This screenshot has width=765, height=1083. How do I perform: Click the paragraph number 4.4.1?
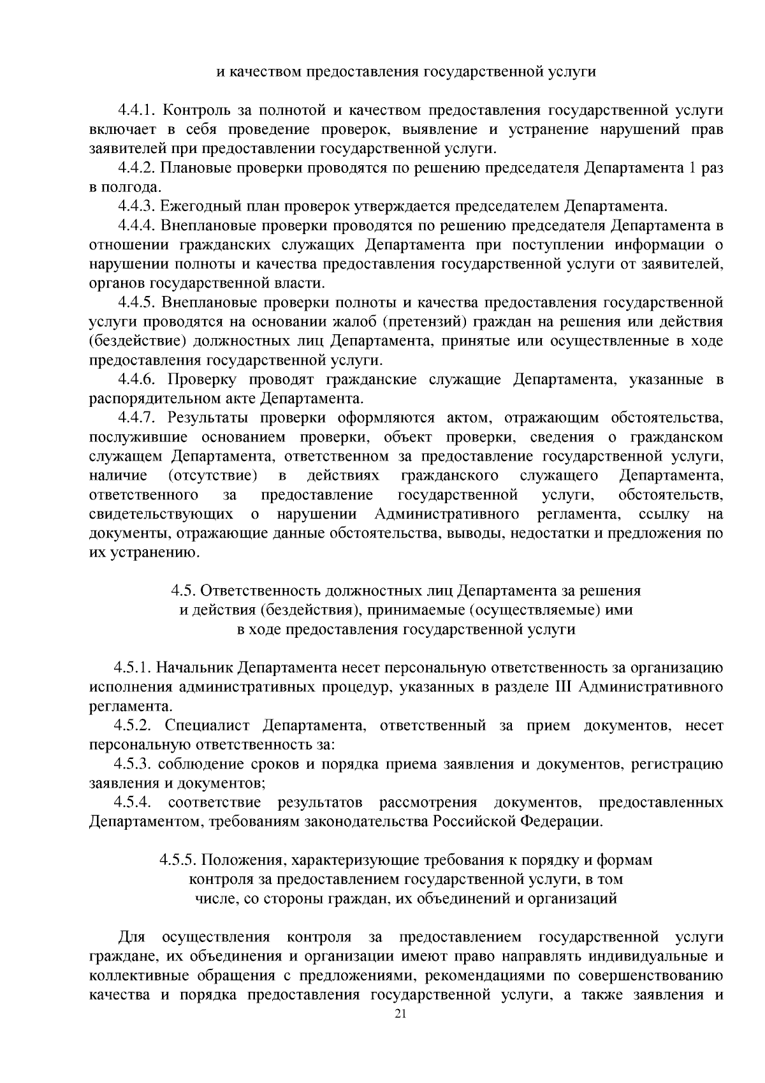click(x=136, y=111)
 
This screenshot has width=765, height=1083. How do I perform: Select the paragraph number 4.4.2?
click(x=136, y=168)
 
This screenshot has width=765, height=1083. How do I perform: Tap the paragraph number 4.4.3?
click(x=136, y=207)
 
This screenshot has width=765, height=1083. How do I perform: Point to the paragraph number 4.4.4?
click(x=136, y=226)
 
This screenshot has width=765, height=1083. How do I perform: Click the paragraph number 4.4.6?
click(x=136, y=379)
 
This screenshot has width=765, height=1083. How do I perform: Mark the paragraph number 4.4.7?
click(x=136, y=418)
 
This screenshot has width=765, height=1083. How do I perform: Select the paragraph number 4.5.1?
click(x=133, y=668)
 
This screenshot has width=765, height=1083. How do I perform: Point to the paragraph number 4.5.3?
click(x=133, y=764)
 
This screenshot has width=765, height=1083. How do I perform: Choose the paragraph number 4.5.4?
click(x=133, y=802)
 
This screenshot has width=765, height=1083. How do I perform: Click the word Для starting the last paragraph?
click(x=132, y=938)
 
